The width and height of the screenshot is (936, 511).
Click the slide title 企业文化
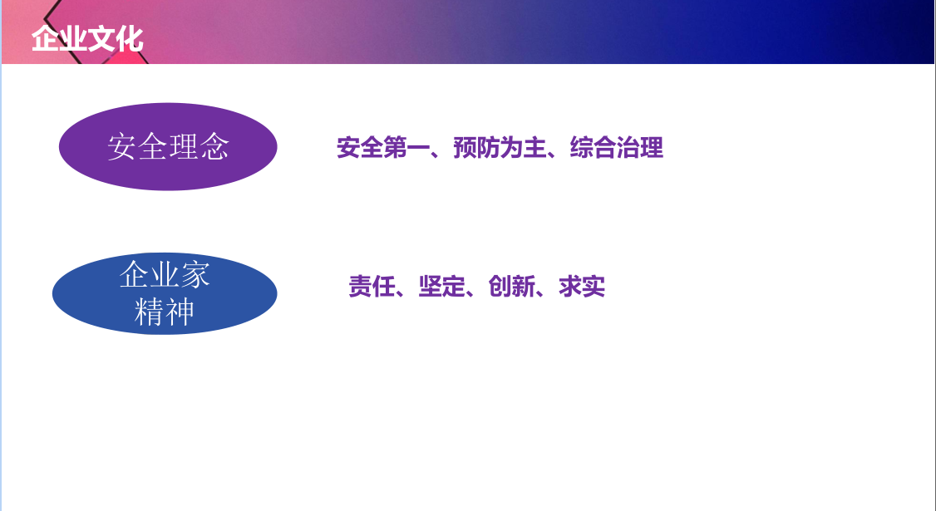tap(87, 39)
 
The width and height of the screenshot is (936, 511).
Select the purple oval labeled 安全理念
tap(168, 147)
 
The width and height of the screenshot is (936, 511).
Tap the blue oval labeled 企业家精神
tap(165, 293)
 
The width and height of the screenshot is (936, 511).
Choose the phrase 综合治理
tap(617, 147)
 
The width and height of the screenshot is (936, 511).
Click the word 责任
tap(372, 287)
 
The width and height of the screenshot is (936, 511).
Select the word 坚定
tap(441, 287)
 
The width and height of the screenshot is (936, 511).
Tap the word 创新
tap(511, 287)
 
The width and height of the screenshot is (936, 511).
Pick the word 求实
tap(582, 287)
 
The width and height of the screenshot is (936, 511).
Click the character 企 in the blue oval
tap(134, 274)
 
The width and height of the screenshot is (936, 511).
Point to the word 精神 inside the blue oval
tap(164, 312)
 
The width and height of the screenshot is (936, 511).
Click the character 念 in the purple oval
tap(214, 147)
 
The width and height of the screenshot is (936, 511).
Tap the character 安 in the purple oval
tap(121, 147)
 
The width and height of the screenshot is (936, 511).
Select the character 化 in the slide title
tap(130, 39)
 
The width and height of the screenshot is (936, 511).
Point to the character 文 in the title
tap(101, 39)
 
